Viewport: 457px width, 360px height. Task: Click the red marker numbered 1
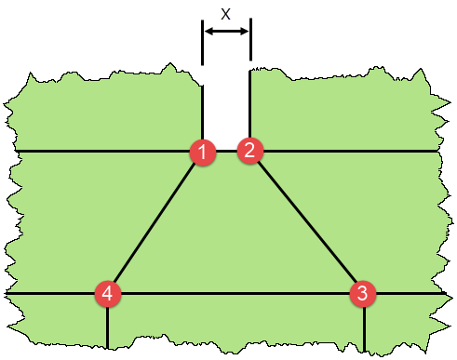coord(203,151)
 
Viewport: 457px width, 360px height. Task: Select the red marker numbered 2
coord(250,150)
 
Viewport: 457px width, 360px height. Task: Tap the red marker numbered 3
coord(363,294)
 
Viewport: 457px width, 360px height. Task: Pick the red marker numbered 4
coord(108,294)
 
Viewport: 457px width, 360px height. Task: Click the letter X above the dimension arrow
coord(225,14)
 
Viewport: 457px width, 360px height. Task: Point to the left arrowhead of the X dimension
coord(208,32)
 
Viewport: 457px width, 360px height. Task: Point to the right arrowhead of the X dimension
coord(245,32)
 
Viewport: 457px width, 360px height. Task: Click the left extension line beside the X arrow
coord(203,42)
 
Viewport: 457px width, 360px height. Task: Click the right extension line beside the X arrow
coord(250,42)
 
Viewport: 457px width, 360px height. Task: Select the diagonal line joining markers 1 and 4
coord(155,222)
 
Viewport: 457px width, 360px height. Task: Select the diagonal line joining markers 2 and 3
coord(307,222)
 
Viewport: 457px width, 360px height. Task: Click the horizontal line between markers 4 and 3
coord(235,294)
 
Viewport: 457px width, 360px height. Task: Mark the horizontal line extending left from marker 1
coord(102,151)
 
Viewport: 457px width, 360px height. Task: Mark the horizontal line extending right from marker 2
coord(349,151)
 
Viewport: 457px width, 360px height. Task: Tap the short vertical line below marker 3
coord(363,327)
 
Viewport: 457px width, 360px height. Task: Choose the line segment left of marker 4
coord(51,294)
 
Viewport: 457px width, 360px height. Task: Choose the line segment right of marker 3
coord(410,294)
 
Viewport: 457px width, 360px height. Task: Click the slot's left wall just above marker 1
coord(203,112)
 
